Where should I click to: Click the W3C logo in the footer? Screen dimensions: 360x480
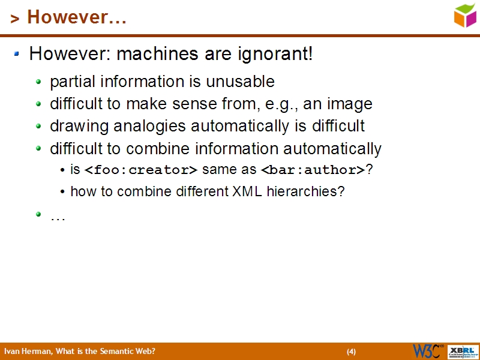tap(428, 351)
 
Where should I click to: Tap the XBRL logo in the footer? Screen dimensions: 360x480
tap(464, 351)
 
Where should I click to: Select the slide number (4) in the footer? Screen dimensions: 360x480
tap(352, 352)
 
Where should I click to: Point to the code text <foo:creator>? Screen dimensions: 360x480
tap(141, 170)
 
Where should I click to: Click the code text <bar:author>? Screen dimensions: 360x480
tap(313, 170)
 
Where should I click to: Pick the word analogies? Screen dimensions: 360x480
tap(151, 127)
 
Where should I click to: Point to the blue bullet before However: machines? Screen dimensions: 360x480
tap(17, 54)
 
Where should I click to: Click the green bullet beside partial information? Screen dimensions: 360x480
tap(39, 81)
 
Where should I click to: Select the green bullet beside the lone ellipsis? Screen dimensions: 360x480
tap(39, 214)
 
